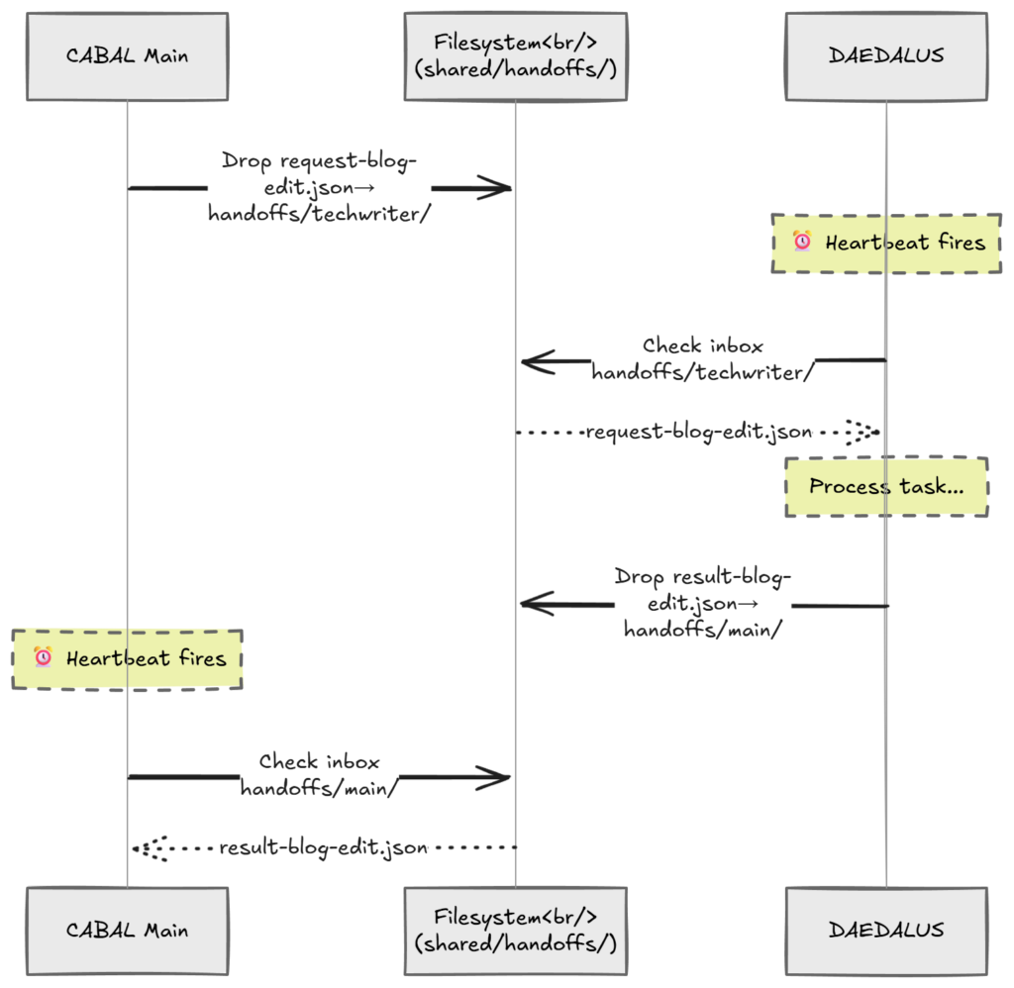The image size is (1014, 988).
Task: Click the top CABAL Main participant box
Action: point(127,56)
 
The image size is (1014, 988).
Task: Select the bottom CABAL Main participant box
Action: point(127,930)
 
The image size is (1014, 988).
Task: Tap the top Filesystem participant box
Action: point(515,56)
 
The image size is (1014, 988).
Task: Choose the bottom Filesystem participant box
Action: point(515,930)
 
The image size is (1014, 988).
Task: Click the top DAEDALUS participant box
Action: point(885,56)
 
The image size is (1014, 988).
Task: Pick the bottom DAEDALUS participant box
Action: point(885,930)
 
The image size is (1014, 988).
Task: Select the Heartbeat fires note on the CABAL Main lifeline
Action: point(127,657)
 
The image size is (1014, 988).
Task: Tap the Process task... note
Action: point(886,486)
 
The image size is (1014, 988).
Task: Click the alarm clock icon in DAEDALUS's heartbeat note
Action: point(802,242)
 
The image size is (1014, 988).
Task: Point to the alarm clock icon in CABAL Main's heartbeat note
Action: point(43,657)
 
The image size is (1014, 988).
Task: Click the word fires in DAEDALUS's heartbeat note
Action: point(960,243)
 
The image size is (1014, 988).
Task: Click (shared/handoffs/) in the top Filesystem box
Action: point(515,70)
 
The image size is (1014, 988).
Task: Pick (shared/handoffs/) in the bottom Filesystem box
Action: point(515,943)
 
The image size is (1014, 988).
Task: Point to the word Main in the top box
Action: point(165,56)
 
